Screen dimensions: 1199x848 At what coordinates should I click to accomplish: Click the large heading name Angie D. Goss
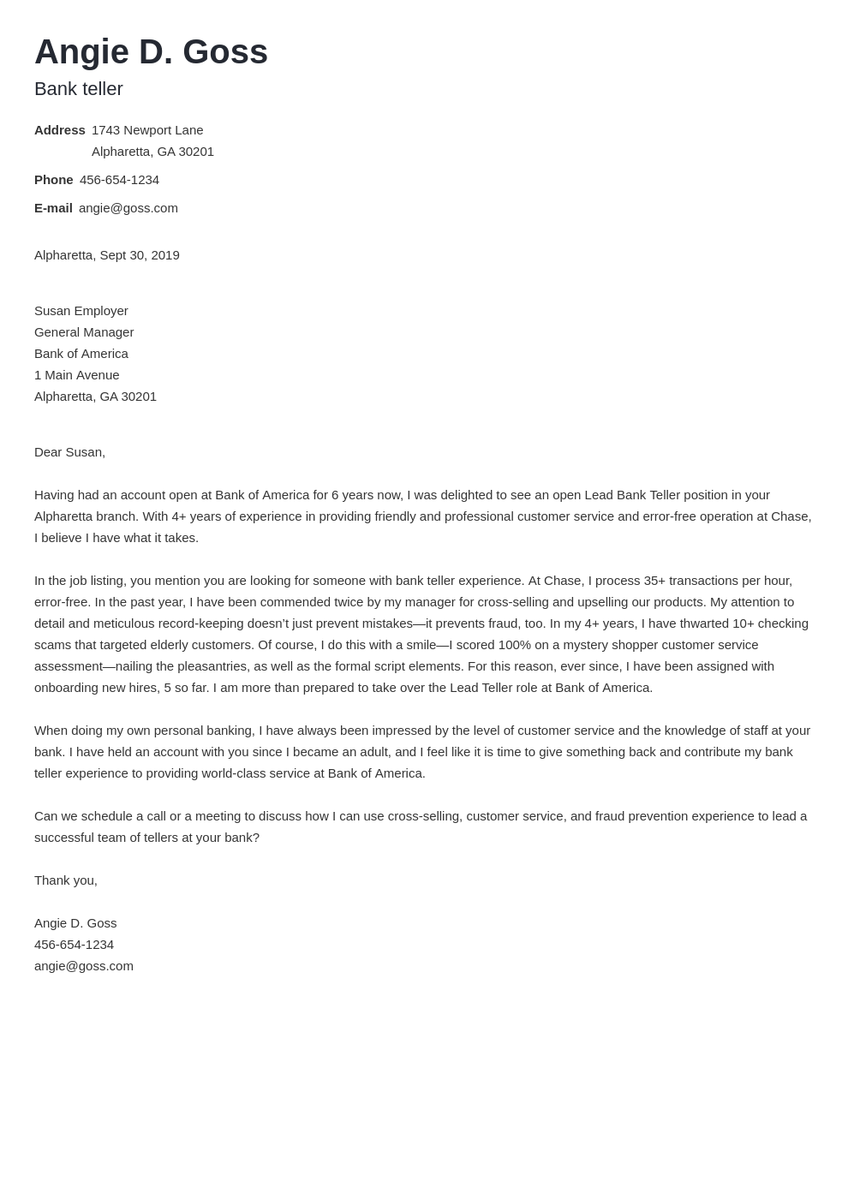[151, 51]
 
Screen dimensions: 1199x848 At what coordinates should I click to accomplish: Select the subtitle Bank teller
[79, 89]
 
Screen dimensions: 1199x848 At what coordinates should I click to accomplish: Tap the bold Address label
[60, 130]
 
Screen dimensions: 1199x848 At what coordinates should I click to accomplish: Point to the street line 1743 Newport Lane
[147, 130]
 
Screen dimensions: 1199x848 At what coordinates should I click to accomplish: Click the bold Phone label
[54, 180]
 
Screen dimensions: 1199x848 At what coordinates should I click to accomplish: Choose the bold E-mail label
[53, 208]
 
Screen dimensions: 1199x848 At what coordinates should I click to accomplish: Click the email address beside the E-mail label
[128, 208]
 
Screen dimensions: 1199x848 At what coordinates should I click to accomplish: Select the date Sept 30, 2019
[140, 255]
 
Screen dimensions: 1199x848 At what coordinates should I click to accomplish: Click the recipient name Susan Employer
[81, 311]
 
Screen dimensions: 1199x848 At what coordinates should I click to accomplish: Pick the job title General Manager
[84, 332]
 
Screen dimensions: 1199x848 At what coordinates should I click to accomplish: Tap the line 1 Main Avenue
[77, 375]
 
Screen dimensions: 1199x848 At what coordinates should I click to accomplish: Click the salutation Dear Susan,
[69, 452]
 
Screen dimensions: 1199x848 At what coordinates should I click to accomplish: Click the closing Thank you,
[66, 880]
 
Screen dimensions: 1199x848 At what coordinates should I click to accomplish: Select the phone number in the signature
[74, 945]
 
